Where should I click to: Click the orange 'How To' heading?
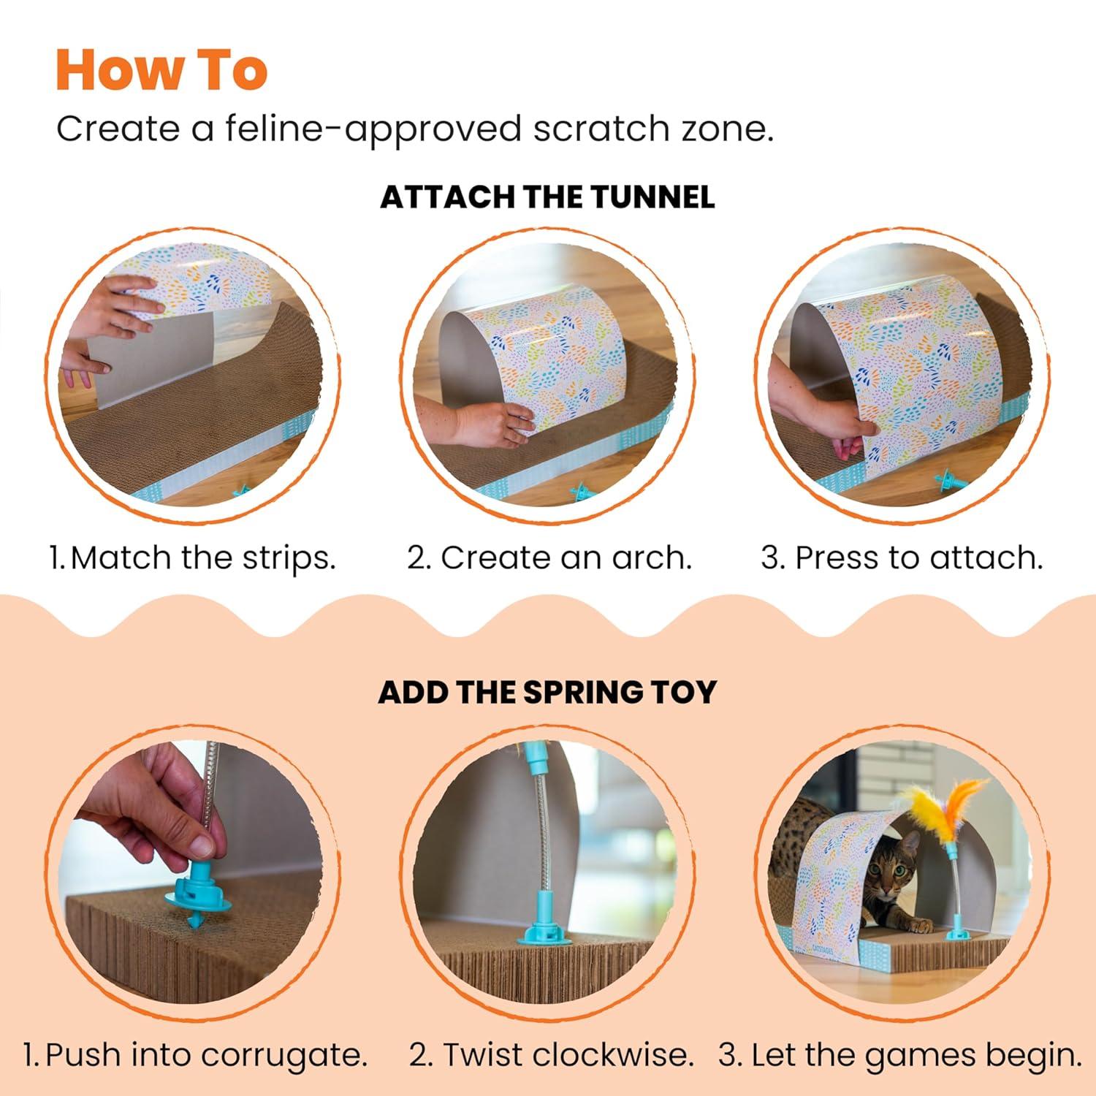(x=161, y=70)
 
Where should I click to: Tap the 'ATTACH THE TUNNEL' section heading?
(x=547, y=198)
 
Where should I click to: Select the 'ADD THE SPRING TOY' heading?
(x=547, y=692)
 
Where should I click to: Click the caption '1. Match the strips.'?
(x=192, y=557)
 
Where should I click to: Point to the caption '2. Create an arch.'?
(x=549, y=557)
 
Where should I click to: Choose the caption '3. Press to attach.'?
(x=902, y=557)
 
